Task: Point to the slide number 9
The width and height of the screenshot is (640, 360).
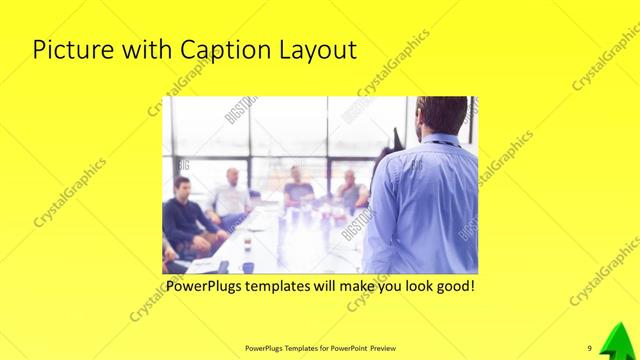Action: point(590,348)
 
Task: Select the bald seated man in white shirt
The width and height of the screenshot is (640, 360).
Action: point(232,196)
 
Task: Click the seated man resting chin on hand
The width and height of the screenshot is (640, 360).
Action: point(351,190)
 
